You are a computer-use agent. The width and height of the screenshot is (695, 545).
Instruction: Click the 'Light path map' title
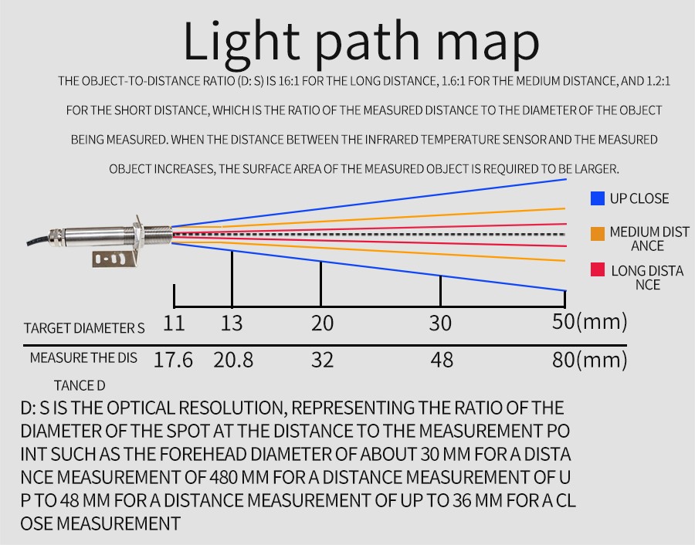[361, 42]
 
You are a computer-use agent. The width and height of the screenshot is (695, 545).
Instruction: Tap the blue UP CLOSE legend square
[597, 198]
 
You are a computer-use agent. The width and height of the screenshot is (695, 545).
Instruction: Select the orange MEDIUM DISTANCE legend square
[597, 232]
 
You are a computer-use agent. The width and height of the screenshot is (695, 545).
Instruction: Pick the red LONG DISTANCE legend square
[597, 270]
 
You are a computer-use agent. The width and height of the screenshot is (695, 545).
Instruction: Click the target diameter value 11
[174, 323]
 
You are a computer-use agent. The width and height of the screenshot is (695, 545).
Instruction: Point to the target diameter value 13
[232, 323]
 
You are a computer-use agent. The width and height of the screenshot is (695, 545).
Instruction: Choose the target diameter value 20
[322, 323]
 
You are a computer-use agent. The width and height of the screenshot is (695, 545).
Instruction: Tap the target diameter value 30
[440, 323]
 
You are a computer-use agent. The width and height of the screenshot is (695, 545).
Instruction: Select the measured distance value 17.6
[173, 360]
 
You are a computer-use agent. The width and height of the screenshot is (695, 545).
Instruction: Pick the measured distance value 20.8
[233, 360]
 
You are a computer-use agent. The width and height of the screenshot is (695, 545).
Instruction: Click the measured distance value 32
[322, 360]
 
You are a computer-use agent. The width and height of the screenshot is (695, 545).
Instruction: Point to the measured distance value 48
[441, 360]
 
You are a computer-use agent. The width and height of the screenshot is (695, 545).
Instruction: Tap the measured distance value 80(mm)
[589, 360]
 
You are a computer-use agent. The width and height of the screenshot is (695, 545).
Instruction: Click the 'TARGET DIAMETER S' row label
[84, 328]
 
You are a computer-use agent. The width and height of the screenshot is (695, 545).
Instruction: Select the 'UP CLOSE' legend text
[639, 198]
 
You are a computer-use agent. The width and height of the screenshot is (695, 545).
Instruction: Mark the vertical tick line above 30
[440, 290]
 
